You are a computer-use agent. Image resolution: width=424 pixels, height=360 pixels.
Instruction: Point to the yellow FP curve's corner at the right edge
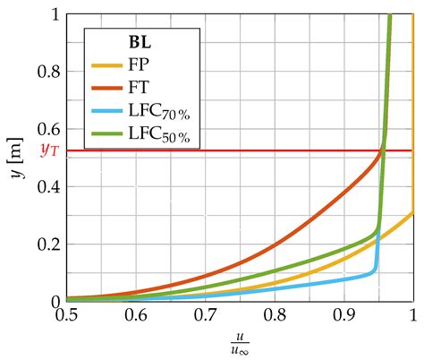[x=412, y=212]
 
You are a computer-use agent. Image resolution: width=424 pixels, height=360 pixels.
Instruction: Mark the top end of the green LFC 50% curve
[x=389, y=16]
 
